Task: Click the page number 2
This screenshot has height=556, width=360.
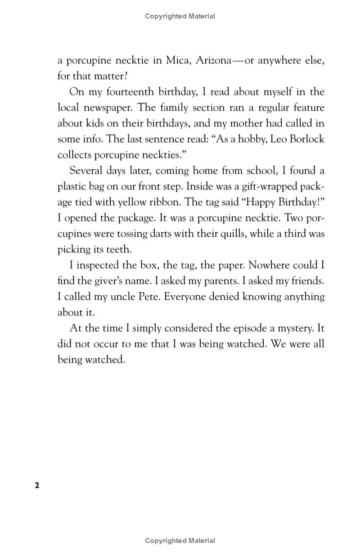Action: pos(37,485)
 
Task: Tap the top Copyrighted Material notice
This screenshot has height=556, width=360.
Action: pos(180,16)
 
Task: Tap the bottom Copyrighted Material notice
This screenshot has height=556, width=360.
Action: pos(180,540)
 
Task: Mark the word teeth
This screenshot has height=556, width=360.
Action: pos(121,249)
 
